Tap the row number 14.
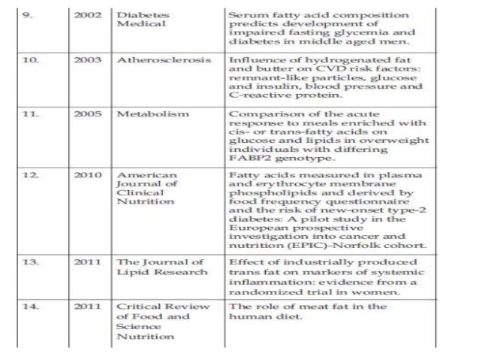click(29, 307)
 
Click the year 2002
click(86, 14)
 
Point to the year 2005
click(86, 113)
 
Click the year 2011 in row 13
click(86, 262)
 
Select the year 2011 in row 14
click(86, 307)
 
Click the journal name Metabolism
click(146, 113)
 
